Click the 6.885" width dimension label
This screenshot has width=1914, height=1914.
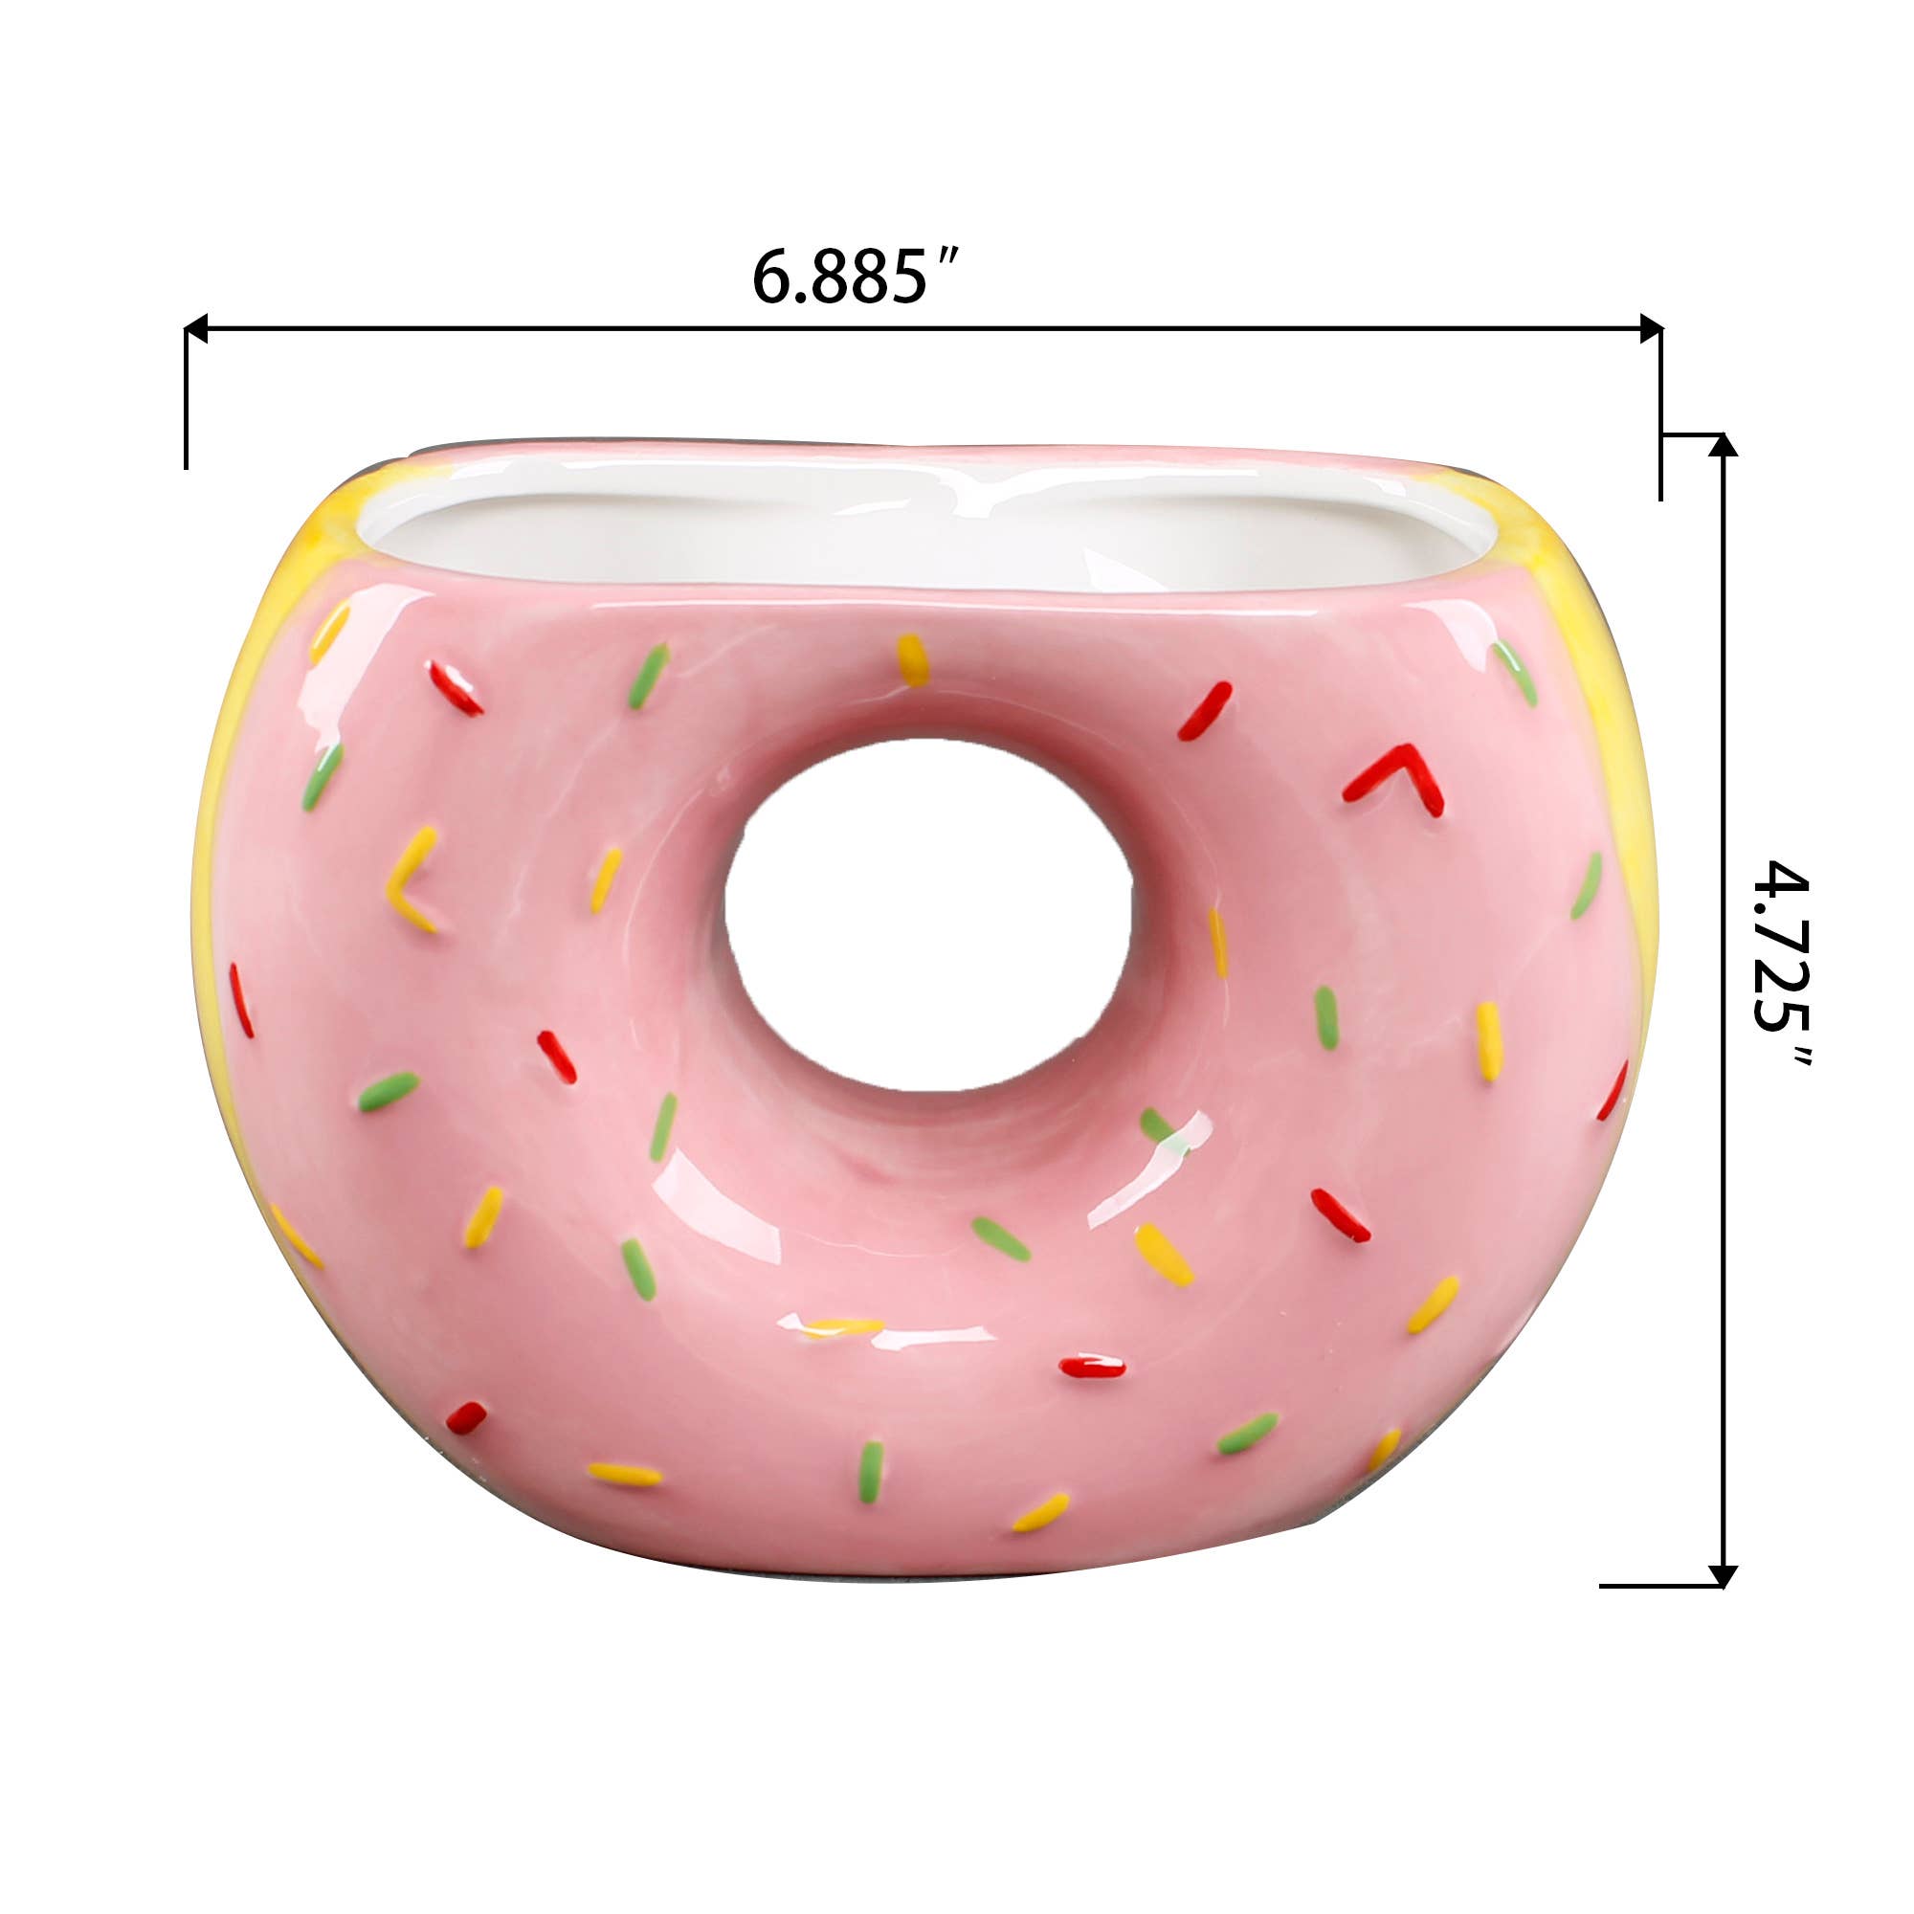(x=854, y=278)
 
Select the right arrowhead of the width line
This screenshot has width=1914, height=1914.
(x=1651, y=328)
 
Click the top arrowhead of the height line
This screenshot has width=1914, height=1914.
(x=1724, y=445)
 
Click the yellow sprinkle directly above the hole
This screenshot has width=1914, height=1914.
(x=912, y=659)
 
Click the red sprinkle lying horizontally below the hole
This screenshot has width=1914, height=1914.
(x=1092, y=1369)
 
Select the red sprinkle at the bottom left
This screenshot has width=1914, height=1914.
(x=466, y=1417)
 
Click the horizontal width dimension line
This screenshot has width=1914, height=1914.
(x=922, y=328)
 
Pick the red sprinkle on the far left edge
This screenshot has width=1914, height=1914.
(x=242, y=1001)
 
